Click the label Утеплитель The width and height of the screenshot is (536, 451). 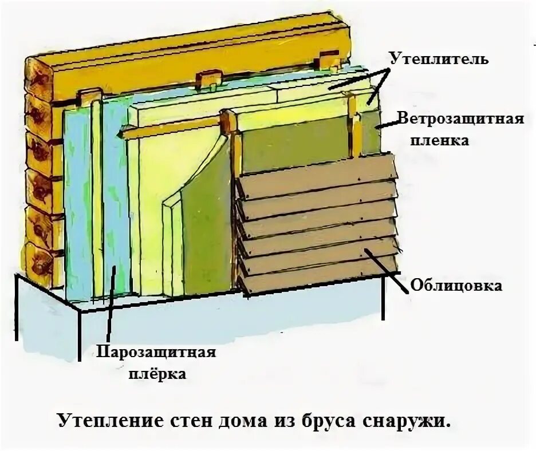click(439, 58)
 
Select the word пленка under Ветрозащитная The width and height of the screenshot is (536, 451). click(440, 140)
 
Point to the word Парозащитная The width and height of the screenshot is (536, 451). click(156, 351)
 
